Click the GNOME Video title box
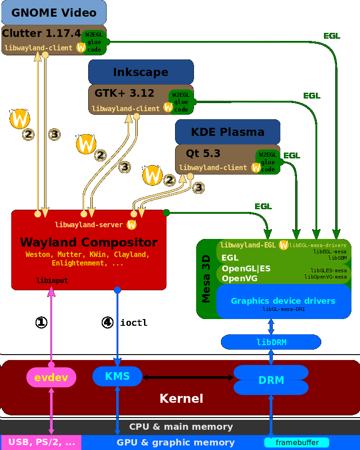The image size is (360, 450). coord(54,13)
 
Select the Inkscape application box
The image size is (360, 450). coord(140,72)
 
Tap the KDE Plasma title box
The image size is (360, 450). coord(227,132)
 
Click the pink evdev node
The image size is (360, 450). coord(51,378)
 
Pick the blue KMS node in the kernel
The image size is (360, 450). coord(117,376)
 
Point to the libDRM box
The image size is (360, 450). coord(271,342)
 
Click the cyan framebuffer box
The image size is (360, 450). coord(297,442)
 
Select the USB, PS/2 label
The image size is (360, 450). coord(41,442)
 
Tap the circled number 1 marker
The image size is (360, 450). coord(41,322)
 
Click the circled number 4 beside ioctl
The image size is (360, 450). coord(107,322)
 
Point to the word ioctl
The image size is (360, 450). coord(134,323)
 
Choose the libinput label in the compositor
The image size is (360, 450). coord(52,281)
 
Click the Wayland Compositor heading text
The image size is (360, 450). coord(89,243)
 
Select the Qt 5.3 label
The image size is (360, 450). coord(203,154)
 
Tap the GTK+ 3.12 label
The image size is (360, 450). coord(124,94)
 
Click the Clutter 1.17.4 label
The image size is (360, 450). coord(41,33)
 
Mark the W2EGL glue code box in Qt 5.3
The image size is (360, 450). coord(268,162)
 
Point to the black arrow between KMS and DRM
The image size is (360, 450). coord(188,377)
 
